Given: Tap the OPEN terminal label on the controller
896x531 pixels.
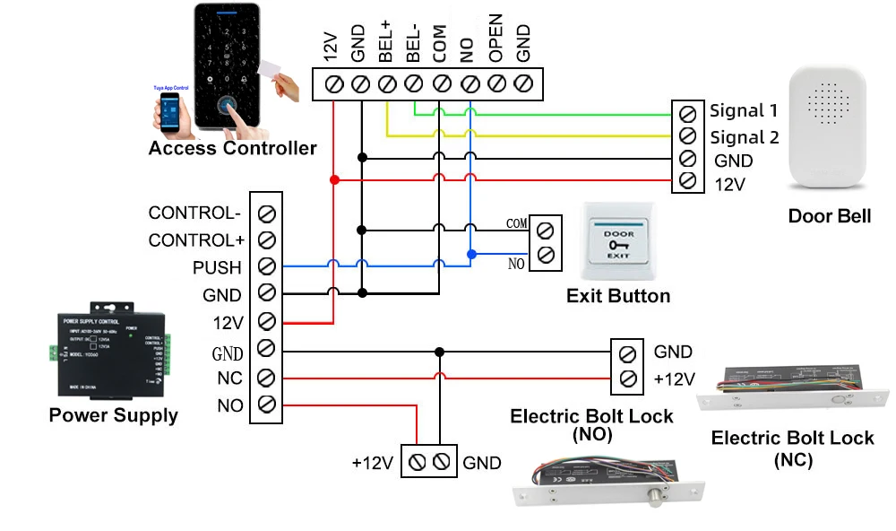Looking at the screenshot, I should point(495,39).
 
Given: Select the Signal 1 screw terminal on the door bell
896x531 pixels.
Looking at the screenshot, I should point(686,113).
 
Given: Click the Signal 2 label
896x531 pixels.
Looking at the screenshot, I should point(744,138).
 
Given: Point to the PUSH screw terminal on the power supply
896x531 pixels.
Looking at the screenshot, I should point(266,267).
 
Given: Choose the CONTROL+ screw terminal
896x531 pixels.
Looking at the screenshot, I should point(266,240).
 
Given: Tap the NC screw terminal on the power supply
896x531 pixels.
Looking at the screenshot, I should point(266,377).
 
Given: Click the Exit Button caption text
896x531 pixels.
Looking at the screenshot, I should point(618,296).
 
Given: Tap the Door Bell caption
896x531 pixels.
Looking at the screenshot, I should point(829,217).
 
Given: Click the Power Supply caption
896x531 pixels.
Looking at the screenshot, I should point(113,415).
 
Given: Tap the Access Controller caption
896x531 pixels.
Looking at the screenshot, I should point(232,148).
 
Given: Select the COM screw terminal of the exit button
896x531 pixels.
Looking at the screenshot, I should point(544,230).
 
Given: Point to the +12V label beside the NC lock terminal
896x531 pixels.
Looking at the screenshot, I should point(674,379).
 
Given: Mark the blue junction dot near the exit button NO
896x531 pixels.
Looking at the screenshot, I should point(471,254).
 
